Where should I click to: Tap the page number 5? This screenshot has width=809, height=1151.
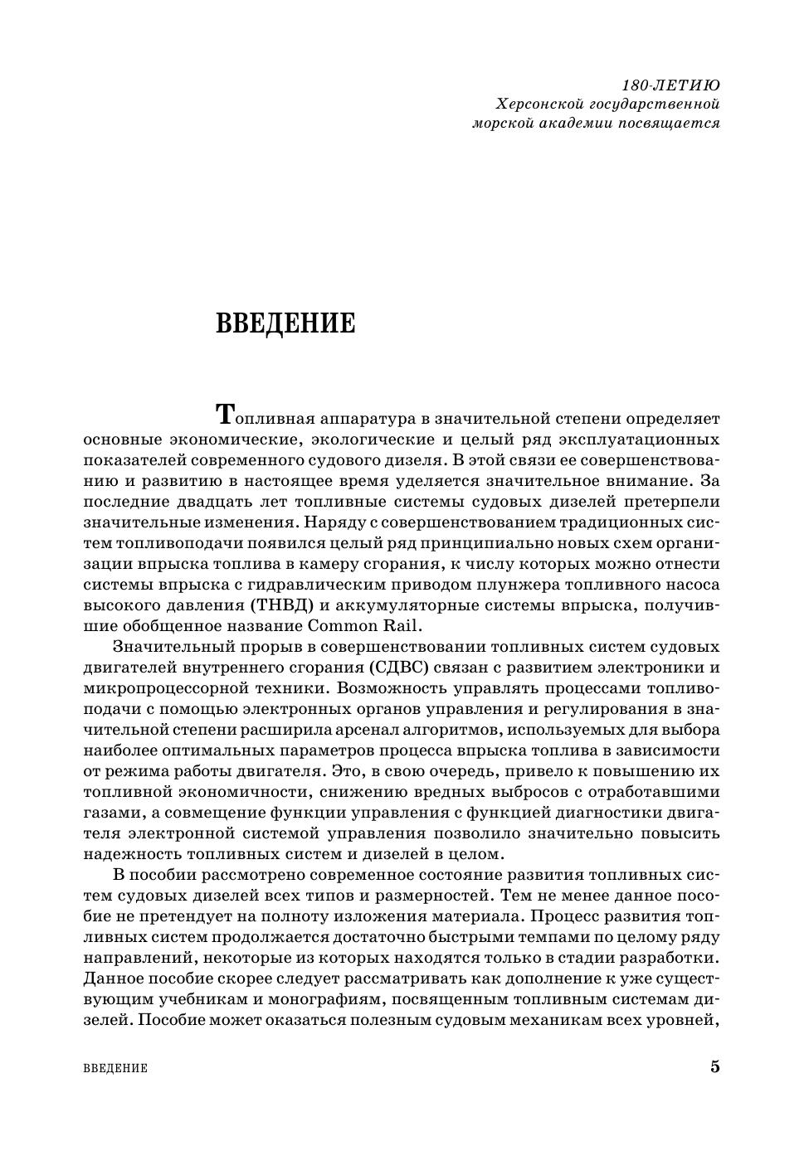(x=714, y=1066)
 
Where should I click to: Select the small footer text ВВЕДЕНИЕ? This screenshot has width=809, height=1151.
(x=115, y=1068)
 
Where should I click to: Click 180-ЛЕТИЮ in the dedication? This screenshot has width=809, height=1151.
(x=670, y=85)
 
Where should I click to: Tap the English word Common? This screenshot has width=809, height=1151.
(x=344, y=625)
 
